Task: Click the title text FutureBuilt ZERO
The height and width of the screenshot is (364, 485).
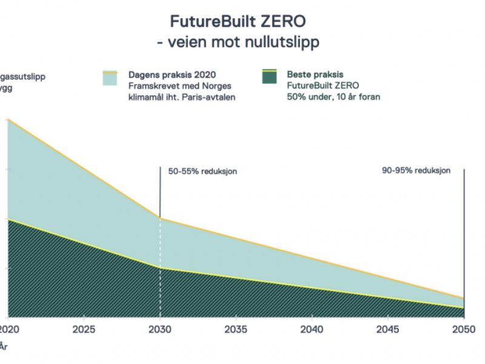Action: click(x=238, y=22)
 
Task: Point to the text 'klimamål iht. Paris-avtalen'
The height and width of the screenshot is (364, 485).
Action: click(x=181, y=96)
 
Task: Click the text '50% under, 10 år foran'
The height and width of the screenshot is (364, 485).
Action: click(x=333, y=96)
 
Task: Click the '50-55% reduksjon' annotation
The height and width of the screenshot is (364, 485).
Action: click(x=202, y=171)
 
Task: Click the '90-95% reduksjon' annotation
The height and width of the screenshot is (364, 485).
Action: click(x=416, y=170)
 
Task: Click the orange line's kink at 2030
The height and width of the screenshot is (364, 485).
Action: click(x=160, y=218)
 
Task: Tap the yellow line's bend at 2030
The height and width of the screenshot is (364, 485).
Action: click(x=160, y=268)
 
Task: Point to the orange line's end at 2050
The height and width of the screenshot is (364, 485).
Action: click(x=464, y=298)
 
